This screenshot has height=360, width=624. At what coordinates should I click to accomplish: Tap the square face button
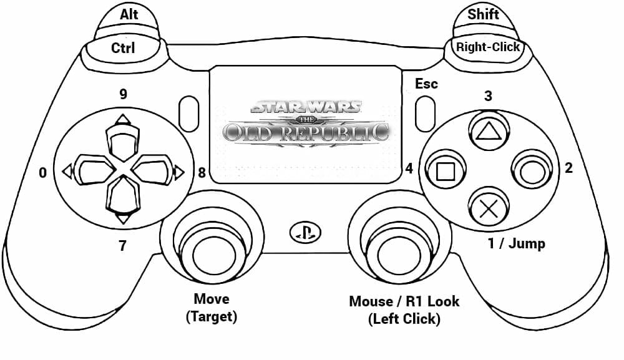[444, 170]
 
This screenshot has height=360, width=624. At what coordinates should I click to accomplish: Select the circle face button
[531, 170]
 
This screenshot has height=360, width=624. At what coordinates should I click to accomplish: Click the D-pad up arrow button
[123, 138]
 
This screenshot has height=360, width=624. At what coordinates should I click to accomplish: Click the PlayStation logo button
[305, 233]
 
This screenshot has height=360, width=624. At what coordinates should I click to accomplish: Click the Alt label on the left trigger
[129, 13]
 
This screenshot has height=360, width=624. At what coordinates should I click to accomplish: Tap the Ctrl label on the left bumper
[123, 48]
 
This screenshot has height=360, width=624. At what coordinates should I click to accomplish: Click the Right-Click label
[487, 47]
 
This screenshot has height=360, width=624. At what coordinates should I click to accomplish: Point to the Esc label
[426, 84]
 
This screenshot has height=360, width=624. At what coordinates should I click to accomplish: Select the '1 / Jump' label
[516, 243]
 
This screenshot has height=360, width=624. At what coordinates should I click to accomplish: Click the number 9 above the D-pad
[123, 94]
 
